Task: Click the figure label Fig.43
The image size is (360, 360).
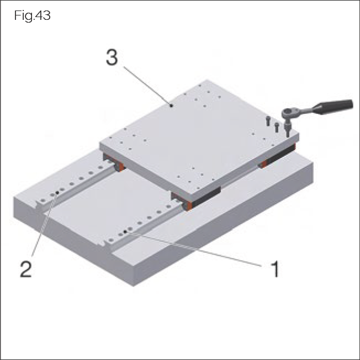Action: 33,16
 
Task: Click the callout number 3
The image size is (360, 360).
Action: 112,58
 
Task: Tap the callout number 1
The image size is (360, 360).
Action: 274,270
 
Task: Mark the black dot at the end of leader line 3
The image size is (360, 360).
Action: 172,104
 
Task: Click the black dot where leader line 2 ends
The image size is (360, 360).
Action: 57,193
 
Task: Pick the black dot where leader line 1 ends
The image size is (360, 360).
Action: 125,233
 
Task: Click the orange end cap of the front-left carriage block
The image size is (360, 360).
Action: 187,205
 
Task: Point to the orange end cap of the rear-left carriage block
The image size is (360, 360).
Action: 118,165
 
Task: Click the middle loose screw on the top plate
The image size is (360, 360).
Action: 277,126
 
